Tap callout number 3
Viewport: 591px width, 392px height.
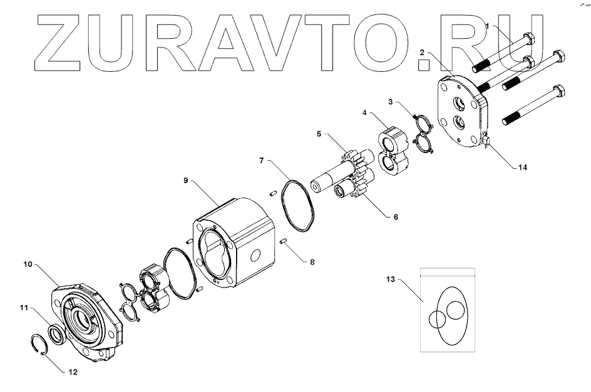pyautogui.click(x=391, y=101)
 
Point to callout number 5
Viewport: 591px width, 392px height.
pyautogui.click(x=319, y=133)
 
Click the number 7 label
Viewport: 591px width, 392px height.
pyautogui.click(x=261, y=161)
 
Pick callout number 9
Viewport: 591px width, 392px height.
pyautogui.click(x=186, y=181)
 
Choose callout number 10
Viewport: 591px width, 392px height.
pyautogui.click(x=27, y=265)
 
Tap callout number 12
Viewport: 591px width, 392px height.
pyautogui.click(x=73, y=371)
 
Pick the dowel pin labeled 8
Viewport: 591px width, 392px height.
pyautogui.click(x=283, y=240)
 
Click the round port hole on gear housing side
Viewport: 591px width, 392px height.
pyautogui.click(x=255, y=254)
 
